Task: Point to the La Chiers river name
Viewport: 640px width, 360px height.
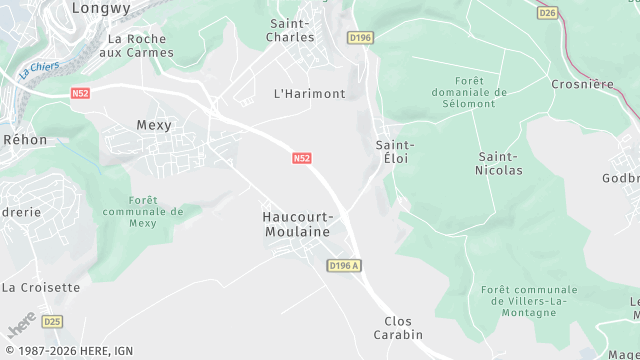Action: pyautogui.click(x=39, y=70)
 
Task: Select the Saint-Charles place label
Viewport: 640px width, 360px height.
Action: pyautogui.click(x=291, y=29)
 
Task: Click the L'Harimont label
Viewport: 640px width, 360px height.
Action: pyautogui.click(x=309, y=93)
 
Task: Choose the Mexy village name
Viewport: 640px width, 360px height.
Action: pyautogui.click(x=154, y=126)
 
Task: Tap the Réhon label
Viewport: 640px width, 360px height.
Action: pyautogui.click(x=25, y=140)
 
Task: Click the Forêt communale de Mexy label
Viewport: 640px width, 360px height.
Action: pyautogui.click(x=144, y=212)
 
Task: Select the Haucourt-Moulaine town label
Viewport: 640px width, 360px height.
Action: pyautogui.click(x=296, y=223)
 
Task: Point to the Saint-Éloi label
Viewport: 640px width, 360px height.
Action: pyautogui.click(x=395, y=152)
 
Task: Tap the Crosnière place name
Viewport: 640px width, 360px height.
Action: pyautogui.click(x=582, y=85)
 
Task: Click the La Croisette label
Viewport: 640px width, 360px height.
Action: pyautogui.click(x=40, y=287)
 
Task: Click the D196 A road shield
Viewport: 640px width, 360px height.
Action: pyautogui.click(x=343, y=265)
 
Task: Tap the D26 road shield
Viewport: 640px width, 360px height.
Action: pyautogui.click(x=547, y=13)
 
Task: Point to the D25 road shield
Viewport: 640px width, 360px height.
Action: pyautogui.click(x=52, y=321)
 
